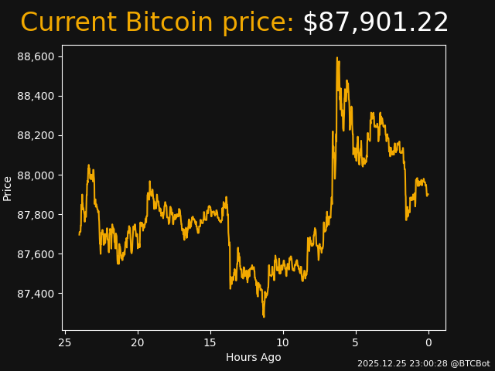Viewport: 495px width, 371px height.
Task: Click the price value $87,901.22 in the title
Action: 375,23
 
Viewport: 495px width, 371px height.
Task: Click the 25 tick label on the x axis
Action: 65,342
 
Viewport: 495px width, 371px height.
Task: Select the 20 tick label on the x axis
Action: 138,342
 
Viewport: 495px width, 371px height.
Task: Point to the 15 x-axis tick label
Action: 210,342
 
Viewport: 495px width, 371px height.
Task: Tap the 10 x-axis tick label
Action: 283,342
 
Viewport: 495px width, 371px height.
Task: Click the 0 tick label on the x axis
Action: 428,342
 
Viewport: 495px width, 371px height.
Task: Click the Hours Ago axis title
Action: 254,357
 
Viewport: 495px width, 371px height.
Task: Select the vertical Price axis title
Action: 8,188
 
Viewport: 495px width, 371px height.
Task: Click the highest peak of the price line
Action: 337,58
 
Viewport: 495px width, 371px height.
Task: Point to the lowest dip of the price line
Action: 264,316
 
